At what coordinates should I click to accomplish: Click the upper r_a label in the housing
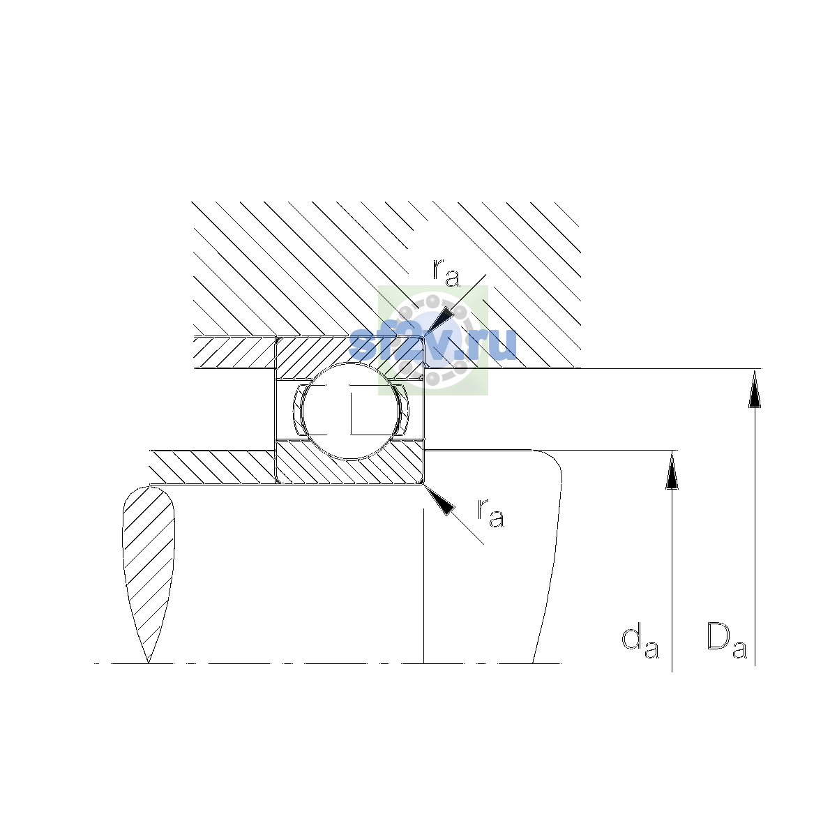pyautogui.click(x=446, y=273)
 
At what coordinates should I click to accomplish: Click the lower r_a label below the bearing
pyautogui.click(x=491, y=513)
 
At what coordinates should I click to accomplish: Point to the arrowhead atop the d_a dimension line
pyautogui.click(x=672, y=470)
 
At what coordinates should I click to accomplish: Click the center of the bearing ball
pyautogui.click(x=351, y=411)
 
